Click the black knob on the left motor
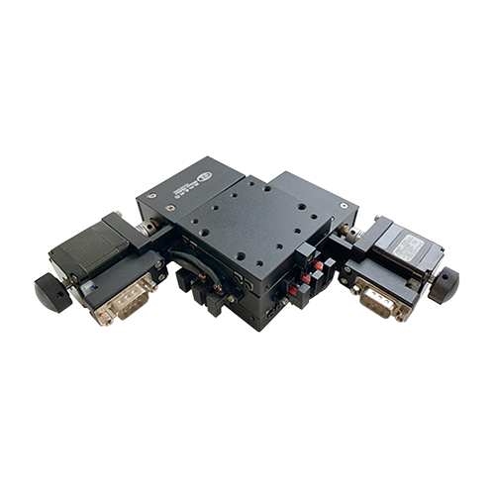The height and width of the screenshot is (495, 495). (50, 290)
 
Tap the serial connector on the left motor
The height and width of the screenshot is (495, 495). (124, 298)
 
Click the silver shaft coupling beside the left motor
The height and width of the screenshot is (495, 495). (148, 229)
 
